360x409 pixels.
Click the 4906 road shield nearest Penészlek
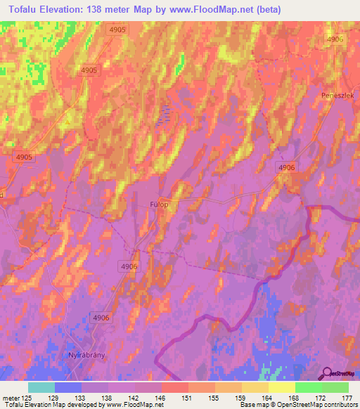tap(335, 40)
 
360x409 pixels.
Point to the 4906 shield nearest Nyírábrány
tap(101, 318)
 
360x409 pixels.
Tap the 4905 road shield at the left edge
tap(23, 157)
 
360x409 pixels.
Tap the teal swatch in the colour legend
tap(41, 387)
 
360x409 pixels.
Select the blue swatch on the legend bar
tap(67, 387)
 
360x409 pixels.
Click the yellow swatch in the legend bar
tap(281, 387)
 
